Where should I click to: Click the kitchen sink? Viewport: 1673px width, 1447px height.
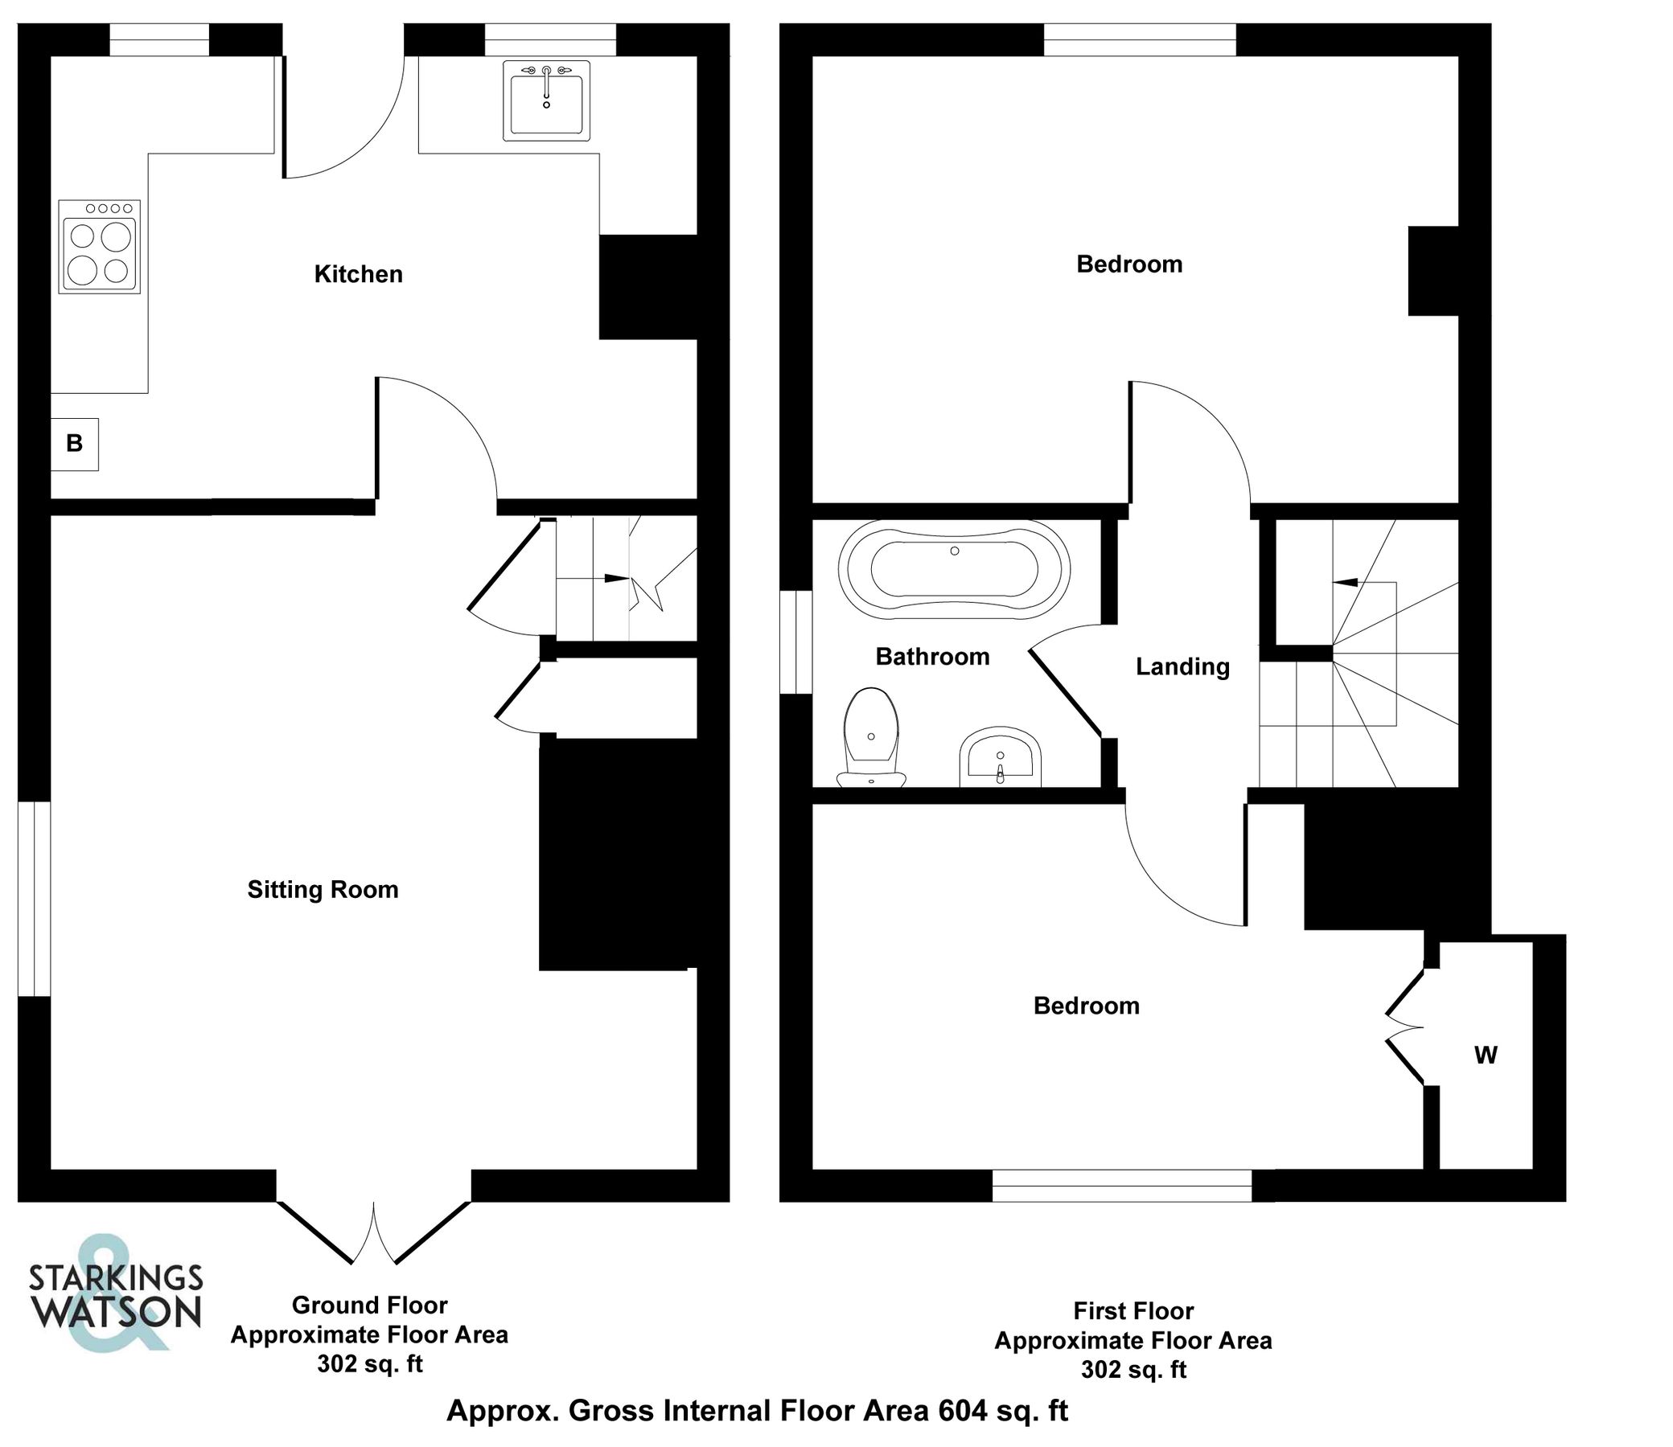coord(546,101)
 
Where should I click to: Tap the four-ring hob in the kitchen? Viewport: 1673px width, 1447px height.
coord(100,246)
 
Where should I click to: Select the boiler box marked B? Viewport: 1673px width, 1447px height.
coord(74,443)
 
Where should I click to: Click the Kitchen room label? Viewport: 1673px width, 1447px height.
coord(358,275)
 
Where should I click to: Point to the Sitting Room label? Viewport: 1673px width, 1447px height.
coord(323,890)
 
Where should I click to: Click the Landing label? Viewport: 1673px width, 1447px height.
coord(1182,667)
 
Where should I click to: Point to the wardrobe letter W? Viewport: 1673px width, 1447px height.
coord(1486,1056)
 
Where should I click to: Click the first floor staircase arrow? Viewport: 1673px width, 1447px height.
coord(1345,581)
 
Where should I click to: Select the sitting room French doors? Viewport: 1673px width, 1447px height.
coord(374,1232)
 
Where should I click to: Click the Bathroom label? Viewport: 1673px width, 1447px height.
coord(932,658)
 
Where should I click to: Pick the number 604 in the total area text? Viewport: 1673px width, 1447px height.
coord(962,1411)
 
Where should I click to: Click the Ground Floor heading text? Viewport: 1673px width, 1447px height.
coord(369,1305)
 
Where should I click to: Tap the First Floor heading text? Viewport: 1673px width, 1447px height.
coord(1133,1310)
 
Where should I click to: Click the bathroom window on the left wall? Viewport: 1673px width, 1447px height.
coord(795,642)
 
